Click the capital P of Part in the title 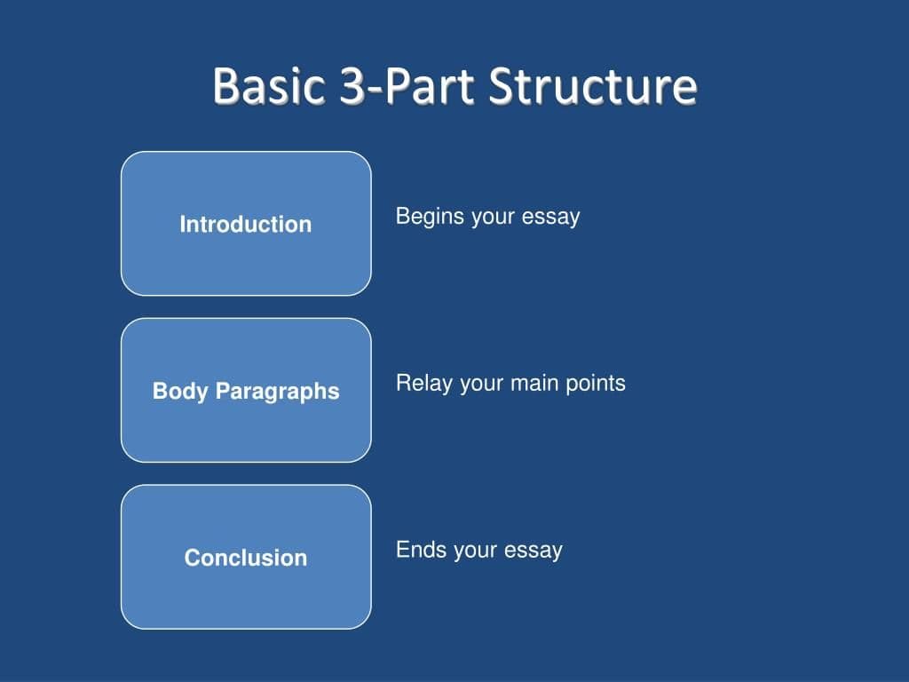399,86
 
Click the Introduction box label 246,225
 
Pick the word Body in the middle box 181,392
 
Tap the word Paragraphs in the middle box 278,392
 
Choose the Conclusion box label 246,558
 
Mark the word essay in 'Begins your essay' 551,217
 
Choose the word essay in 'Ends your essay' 534,551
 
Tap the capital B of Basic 225,86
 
